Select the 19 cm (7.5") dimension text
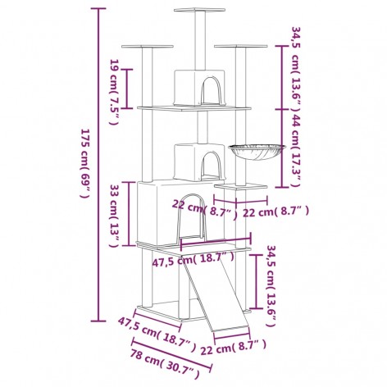coord(115,83)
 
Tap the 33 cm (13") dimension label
coord(114,214)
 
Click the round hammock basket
coord(257,153)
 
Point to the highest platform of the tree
coord(198,11)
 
